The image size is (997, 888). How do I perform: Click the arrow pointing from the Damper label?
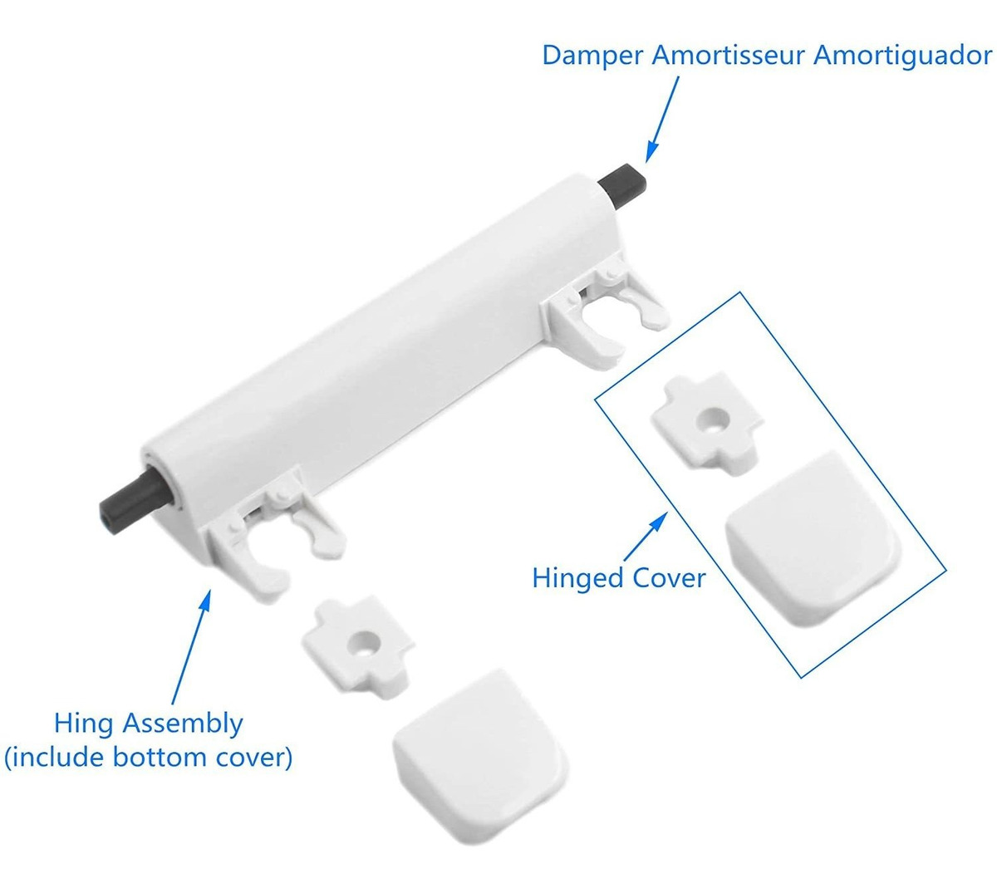(x=662, y=120)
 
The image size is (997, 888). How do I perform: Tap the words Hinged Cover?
(x=619, y=578)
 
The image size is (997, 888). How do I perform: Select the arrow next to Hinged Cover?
(x=646, y=537)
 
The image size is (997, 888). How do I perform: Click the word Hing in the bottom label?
(x=84, y=725)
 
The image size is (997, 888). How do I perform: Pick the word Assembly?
(x=183, y=725)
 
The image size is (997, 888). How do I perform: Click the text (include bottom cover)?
(x=149, y=757)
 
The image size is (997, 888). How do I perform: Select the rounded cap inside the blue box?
(x=813, y=538)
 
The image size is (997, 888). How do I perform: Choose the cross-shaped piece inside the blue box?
(x=707, y=423)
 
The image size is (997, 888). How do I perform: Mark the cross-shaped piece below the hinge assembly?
(x=359, y=645)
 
